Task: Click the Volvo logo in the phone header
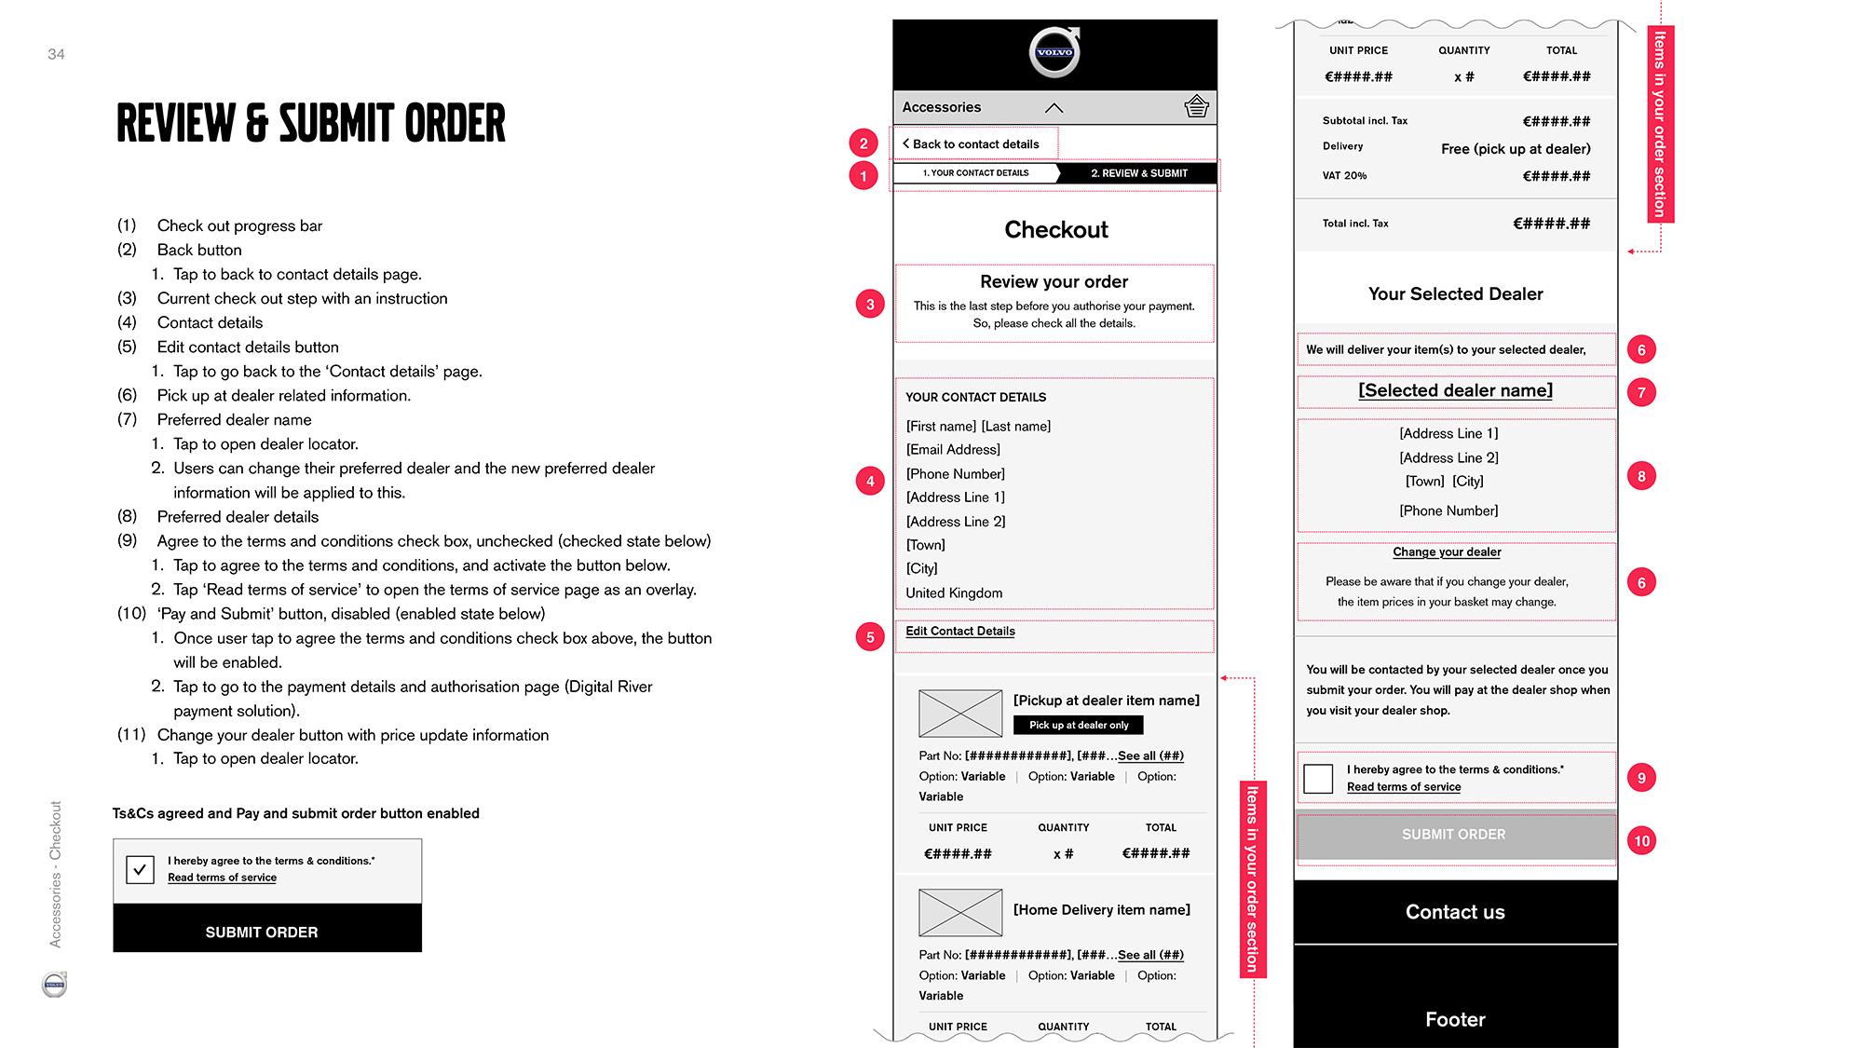1054,52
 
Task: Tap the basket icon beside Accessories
1196,107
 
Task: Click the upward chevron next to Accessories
1054,108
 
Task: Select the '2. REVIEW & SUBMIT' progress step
1138,173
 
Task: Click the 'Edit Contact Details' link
960,632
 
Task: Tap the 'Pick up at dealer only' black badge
1079,725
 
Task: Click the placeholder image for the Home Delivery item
960,912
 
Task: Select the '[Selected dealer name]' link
1455,391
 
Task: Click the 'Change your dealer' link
1447,552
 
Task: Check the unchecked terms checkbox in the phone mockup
1318,778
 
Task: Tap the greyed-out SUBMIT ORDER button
1454,836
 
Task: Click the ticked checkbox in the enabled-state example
140,869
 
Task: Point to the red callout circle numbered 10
1641,841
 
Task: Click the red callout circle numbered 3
870,305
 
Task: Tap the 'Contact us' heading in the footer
1455,912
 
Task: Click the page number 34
56,54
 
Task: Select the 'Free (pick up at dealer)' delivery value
1516,149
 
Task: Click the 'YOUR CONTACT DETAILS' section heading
976,398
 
